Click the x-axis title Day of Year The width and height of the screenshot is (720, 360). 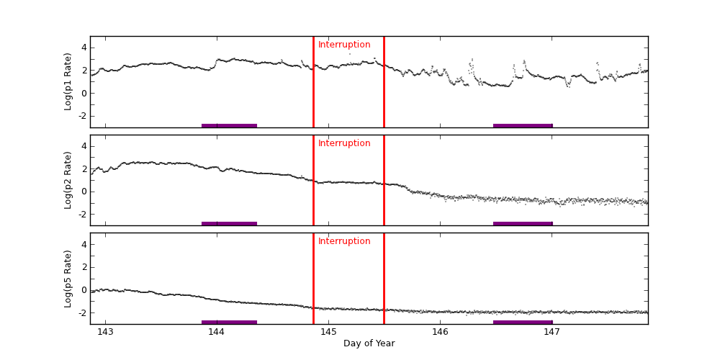[x=369, y=343]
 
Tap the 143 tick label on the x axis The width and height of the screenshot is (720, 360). [x=105, y=332]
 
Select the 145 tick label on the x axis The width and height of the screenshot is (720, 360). [x=328, y=332]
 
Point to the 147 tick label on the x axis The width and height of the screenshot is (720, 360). [x=552, y=332]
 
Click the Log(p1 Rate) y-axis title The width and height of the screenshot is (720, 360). [x=68, y=81]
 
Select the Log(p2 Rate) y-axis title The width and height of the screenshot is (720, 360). [x=68, y=180]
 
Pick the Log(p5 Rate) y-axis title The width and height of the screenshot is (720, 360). [x=68, y=279]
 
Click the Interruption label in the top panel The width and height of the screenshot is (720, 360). [x=344, y=45]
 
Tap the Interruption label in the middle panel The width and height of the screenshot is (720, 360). [x=344, y=143]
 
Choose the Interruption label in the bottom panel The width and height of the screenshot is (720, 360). [x=344, y=241]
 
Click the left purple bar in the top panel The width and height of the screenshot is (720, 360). [x=229, y=126]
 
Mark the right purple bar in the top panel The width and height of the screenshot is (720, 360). [x=523, y=126]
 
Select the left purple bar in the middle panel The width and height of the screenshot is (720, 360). [x=229, y=224]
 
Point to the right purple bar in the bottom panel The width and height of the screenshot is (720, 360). [x=523, y=322]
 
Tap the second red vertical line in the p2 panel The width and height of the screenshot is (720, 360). [x=384, y=180]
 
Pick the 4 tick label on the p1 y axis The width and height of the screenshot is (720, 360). [x=84, y=48]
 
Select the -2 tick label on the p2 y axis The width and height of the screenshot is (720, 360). [x=82, y=214]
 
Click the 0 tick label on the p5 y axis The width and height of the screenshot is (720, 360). [x=84, y=290]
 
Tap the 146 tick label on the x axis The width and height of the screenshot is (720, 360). [x=440, y=332]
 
